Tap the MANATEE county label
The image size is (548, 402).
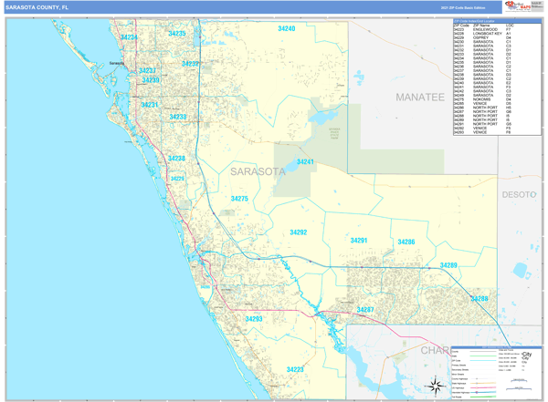click(419, 96)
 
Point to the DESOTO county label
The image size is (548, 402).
click(520, 194)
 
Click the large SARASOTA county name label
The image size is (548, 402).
click(258, 170)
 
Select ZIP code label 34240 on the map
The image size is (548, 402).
click(287, 29)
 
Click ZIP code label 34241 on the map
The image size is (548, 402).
click(305, 162)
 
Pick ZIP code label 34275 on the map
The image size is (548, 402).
click(239, 199)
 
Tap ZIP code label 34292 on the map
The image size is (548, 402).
click(299, 232)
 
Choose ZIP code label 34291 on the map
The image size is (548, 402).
click(359, 241)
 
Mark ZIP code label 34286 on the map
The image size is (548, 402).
click(406, 242)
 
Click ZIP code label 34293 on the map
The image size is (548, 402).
click(254, 319)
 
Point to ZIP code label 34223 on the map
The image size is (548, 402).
click(295, 369)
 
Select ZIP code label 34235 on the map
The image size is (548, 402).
click(176, 34)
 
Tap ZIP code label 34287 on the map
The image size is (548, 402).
click(365, 310)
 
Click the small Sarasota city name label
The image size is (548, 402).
click(116, 63)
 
